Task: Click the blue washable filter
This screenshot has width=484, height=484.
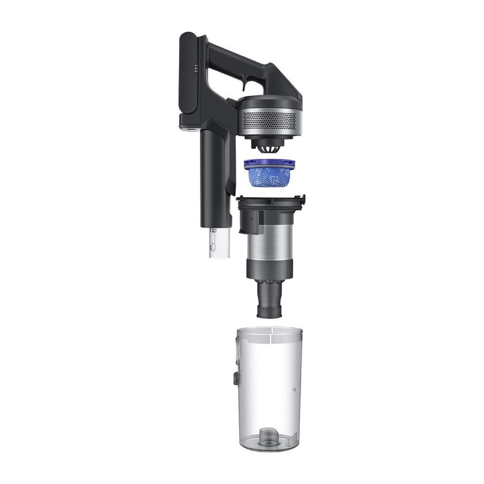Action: tap(269, 176)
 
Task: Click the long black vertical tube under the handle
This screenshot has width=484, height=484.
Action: tap(212, 180)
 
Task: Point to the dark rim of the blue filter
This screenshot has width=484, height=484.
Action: tap(269, 164)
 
